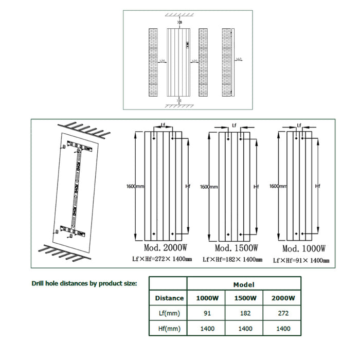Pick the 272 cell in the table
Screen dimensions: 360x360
pyautogui.click(x=283, y=313)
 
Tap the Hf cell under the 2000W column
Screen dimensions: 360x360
pyautogui.click(x=283, y=328)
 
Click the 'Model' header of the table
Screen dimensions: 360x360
pyautogui.click(x=244, y=284)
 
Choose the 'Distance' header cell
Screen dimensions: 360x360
pyautogui.click(x=169, y=298)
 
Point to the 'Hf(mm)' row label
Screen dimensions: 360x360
pyautogui.click(x=169, y=328)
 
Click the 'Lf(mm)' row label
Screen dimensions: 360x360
pyautogui.click(x=169, y=313)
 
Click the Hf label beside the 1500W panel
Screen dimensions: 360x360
pyautogui.click(x=257, y=186)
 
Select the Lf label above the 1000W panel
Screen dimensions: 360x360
pyautogui.click(x=299, y=125)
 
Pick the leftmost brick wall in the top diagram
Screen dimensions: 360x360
pyautogui.click(x=153, y=62)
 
